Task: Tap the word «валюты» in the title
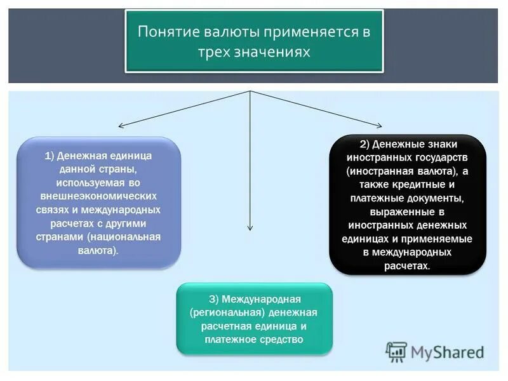(x=227, y=32)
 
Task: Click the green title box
(x=253, y=41)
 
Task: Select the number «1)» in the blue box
(x=50, y=156)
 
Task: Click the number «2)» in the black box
(x=364, y=144)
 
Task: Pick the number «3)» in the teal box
(x=214, y=298)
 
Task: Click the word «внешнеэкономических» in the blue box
(x=98, y=196)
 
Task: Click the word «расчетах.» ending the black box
(x=407, y=266)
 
